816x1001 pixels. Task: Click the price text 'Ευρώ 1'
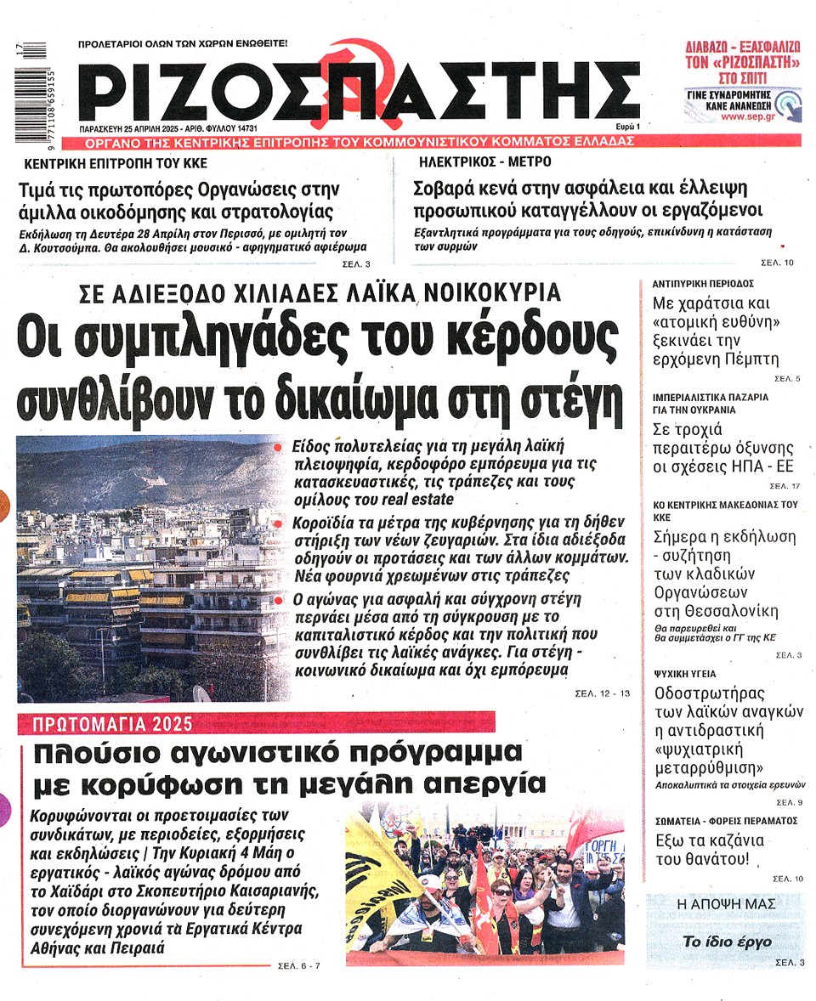[625, 126]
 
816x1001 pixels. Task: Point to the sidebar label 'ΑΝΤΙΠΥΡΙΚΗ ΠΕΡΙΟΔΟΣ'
[702, 283]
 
